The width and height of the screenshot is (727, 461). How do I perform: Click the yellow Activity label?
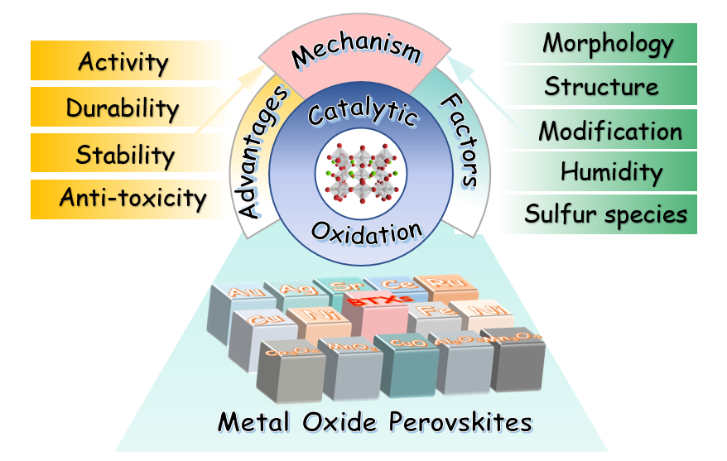tap(123, 62)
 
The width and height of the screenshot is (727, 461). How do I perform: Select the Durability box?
tap(123, 108)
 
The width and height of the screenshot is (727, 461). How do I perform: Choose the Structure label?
tap(602, 87)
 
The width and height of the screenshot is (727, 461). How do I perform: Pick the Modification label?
tap(610, 131)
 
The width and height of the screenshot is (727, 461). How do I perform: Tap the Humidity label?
tap(611, 173)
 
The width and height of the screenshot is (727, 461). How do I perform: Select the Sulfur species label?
tap(606, 215)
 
